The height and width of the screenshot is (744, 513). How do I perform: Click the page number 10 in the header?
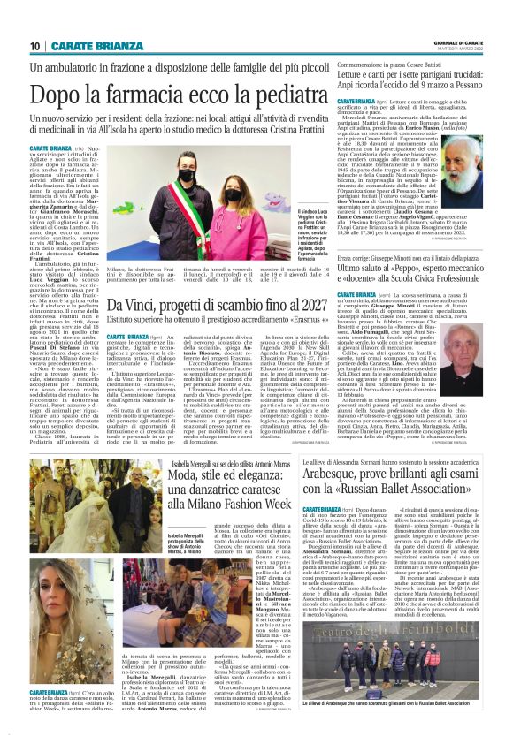[x=34, y=47]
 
